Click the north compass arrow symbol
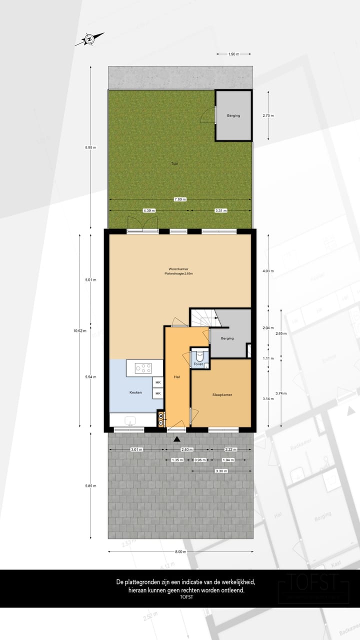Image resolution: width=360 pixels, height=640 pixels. tap(89, 38)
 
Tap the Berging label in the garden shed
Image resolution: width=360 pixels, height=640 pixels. tap(233, 115)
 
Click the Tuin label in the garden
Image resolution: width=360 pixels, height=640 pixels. tap(174, 163)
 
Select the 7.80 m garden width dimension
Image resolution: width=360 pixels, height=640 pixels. tap(180, 199)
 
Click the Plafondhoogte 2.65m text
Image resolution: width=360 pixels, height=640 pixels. tap(178, 274)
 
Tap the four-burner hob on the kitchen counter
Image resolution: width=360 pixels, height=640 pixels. tap(144, 368)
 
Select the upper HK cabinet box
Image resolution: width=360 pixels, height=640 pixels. tap(158, 382)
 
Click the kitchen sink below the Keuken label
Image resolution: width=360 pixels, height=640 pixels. tap(131, 420)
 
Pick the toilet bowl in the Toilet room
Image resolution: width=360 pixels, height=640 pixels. tap(199, 356)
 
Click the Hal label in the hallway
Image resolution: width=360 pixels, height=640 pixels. tap(177, 376)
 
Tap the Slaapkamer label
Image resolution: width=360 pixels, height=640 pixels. tap(221, 394)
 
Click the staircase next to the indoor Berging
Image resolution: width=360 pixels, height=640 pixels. tap(202, 316)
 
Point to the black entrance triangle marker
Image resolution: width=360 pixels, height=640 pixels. tap(176, 439)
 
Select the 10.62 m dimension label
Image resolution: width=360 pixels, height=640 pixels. tap(80, 330)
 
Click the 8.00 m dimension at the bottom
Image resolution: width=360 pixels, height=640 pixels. tap(180, 552)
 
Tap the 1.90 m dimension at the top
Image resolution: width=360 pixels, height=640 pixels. tap(233, 54)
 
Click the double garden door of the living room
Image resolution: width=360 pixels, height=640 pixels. tap(142, 225)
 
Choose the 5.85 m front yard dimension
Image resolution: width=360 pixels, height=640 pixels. tap(90, 485)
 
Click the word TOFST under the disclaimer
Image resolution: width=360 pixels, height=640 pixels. tap(186, 597)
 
